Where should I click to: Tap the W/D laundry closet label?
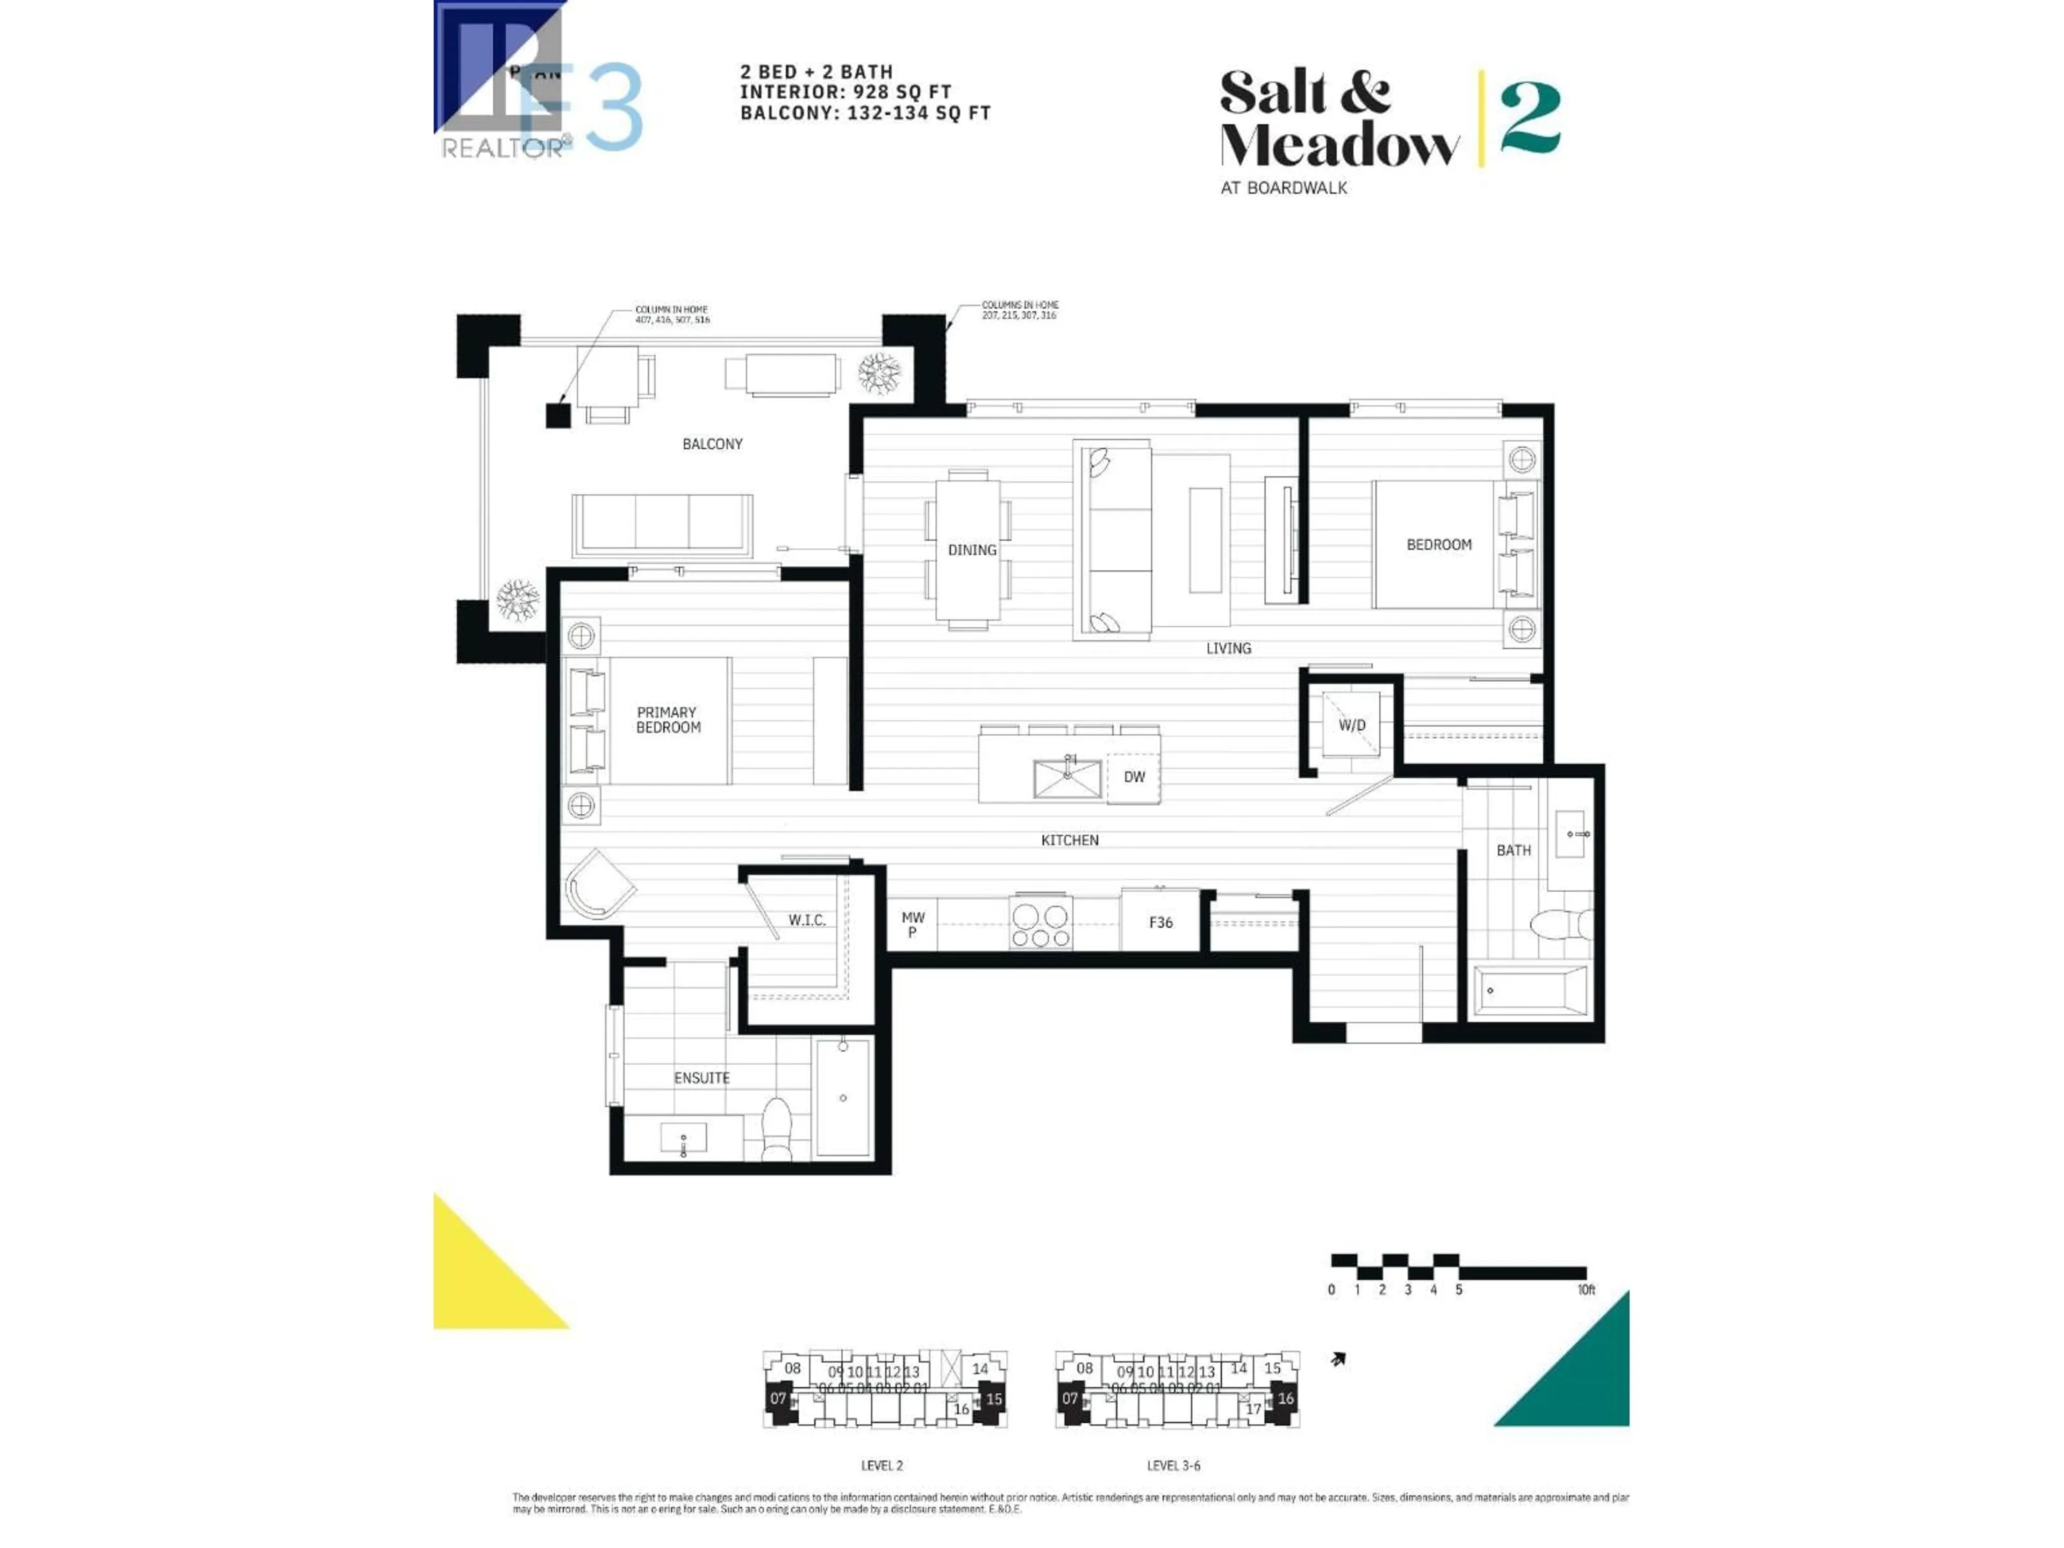pyautogui.click(x=1351, y=725)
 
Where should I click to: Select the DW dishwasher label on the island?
pyautogui.click(x=1134, y=777)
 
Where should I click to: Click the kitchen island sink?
pyautogui.click(x=1066, y=778)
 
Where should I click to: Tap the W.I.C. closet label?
pyautogui.click(x=806, y=921)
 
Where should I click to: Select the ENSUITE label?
pyautogui.click(x=701, y=1078)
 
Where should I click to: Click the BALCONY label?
pyautogui.click(x=712, y=444)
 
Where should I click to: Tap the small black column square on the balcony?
pyautogui.click(x=558, y=415)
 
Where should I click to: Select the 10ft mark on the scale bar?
pyautogui.click(x=1585, y=1289)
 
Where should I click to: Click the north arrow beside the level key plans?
pyautogui.click(x=1338, y=1359)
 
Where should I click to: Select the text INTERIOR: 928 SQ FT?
pyautogui.click(x=845, y=92)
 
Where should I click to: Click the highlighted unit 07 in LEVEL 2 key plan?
pyautogui.click(x=778, y=1399)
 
